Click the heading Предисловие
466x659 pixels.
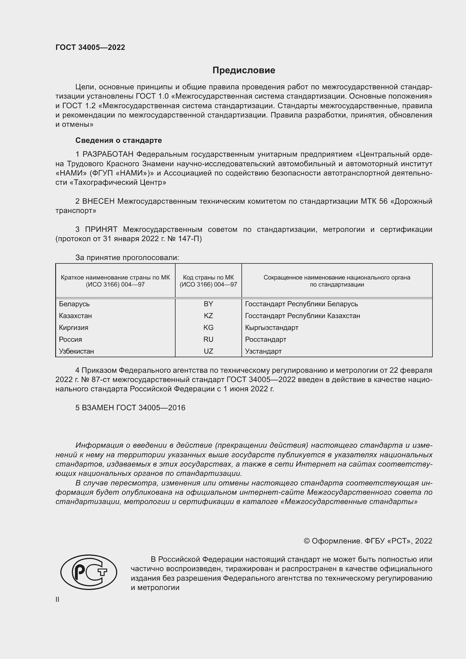[244, 70]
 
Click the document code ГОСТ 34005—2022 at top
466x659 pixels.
[90, 47]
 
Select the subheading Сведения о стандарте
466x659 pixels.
[119, 140]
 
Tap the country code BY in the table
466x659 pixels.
[208, 304]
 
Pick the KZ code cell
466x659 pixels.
[208, 316]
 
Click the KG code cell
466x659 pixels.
[208, 327]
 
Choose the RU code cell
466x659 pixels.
[208, 339]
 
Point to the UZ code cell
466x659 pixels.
[208, 351]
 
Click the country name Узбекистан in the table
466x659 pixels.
[76, 351]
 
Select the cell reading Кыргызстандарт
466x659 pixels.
[271, 327]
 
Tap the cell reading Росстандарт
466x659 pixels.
[265, 339]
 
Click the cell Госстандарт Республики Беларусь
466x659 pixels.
[301, 304]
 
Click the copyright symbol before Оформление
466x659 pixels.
[307, 541]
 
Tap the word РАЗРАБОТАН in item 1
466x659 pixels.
[108, 154]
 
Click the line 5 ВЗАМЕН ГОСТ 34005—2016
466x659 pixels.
[130, 408]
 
